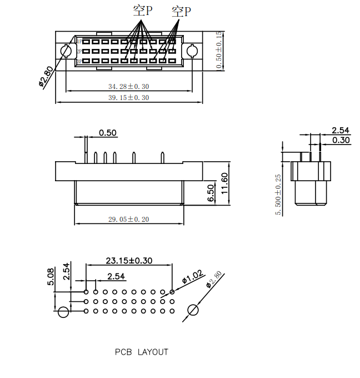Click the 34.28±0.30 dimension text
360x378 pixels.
point(129,86)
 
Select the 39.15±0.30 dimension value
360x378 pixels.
point(129,97)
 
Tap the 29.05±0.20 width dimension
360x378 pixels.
point(129,219)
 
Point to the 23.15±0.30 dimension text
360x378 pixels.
point(129,260)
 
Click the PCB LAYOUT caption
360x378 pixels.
point(141,352)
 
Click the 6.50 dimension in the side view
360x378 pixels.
point(211,192)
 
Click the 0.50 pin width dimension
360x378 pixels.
point(108,133)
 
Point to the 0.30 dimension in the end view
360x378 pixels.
point(341,140)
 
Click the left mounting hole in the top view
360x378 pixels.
point(65,52)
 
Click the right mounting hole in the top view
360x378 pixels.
point(192,52)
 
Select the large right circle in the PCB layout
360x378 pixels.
point(193,310)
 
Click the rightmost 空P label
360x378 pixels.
point(181,11)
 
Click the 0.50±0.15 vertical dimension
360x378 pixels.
point(219,50)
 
